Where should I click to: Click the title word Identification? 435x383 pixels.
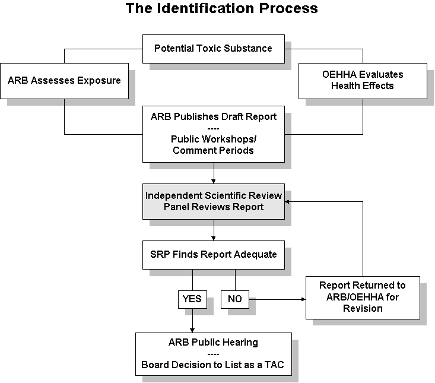[206, 8]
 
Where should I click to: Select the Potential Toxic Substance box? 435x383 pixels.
[214, 49]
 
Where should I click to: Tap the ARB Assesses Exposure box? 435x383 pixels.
[64, 81]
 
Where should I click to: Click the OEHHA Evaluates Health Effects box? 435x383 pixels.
[363, 81]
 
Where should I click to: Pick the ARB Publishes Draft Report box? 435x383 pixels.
[214, 134]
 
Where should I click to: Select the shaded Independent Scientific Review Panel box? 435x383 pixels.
[214, 201]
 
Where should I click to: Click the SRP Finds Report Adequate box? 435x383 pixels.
[214, 255]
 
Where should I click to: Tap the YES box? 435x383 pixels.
[192, 299]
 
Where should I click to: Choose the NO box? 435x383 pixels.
[235, 299]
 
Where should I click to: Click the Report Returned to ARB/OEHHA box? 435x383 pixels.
[363, 297]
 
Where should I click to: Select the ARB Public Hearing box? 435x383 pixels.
[214, 354]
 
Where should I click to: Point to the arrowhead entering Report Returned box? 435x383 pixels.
[303, 299]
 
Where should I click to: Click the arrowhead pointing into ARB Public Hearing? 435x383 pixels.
[192, 331]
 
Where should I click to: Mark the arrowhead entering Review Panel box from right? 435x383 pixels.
[287, 202]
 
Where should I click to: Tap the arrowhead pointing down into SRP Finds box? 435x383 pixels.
[214, 238]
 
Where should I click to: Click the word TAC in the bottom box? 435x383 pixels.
[274, 365]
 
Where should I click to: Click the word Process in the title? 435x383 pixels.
[288, 8]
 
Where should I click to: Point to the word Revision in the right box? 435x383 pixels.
[363, 308]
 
